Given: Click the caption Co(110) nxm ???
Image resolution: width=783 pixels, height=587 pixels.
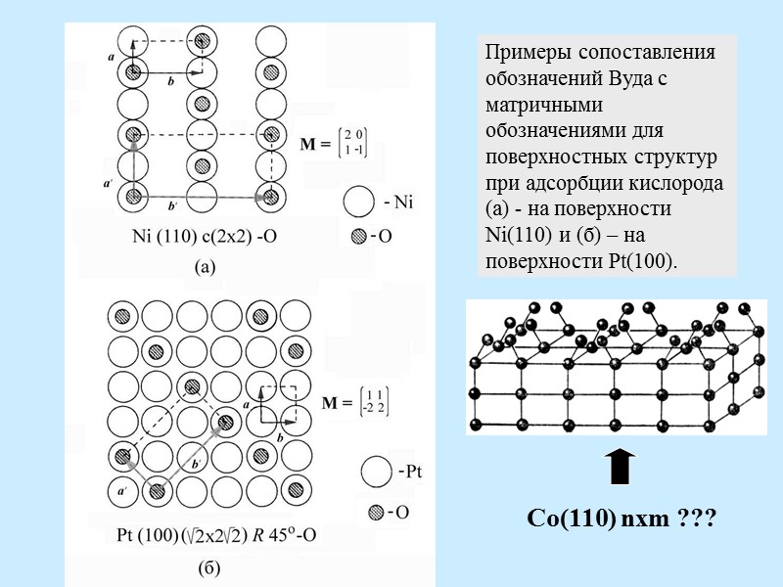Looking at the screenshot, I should click(622, 518).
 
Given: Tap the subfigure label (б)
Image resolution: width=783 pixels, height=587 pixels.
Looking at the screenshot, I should click(208, 567).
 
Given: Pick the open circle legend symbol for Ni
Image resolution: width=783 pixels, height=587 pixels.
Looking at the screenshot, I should click(359, 203).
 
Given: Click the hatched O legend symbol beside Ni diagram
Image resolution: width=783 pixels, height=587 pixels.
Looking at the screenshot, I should click(358, 237).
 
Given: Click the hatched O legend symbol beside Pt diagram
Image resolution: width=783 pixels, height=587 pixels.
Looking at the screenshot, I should click(377, 512).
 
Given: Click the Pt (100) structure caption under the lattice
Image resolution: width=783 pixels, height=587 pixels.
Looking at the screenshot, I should click(214, 535).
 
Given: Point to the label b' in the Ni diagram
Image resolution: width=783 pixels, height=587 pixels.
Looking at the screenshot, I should click(173, 206).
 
